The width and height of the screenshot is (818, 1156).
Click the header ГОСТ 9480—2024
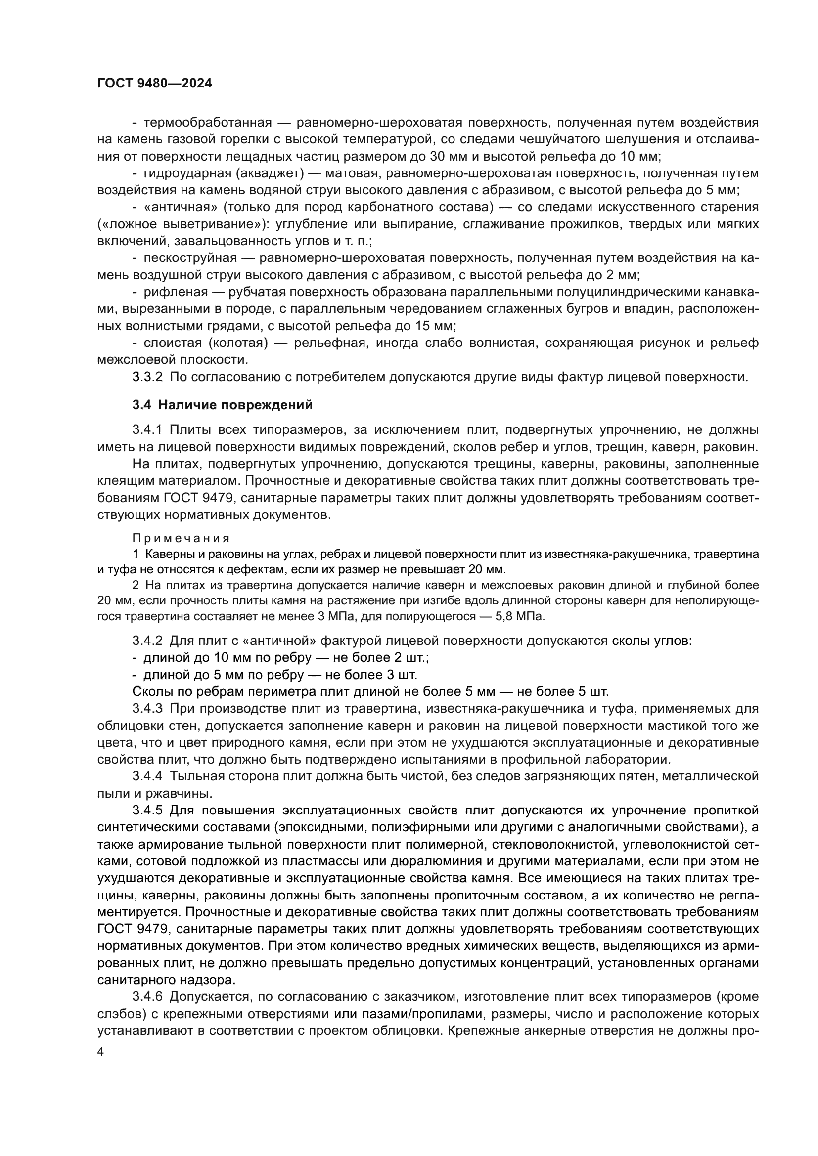[154, 84]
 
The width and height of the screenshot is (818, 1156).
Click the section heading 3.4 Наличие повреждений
[222, 405]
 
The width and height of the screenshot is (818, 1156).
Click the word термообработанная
[208, 123]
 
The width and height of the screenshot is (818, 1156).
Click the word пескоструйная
[190, 258]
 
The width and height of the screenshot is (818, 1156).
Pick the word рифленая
[176, 292]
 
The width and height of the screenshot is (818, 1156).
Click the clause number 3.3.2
[147, 377]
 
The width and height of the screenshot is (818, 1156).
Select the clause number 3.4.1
[147, 430]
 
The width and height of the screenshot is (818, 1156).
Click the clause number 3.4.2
[147, 641]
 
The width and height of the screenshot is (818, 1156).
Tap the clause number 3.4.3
[147, 708]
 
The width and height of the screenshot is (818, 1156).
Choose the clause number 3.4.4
[147, 776]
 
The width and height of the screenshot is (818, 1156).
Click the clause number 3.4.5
[147, 810]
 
